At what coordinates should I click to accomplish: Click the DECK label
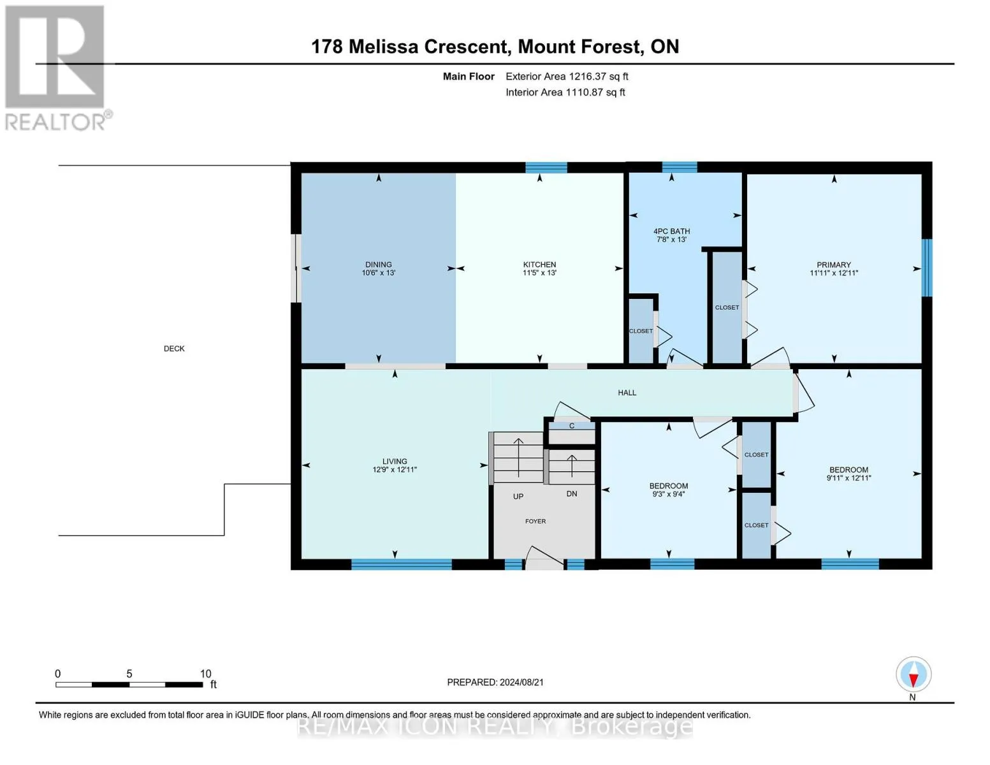pos(174,349)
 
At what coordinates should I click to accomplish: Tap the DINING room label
pos(378,265)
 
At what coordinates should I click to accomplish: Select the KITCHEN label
pos(539,265)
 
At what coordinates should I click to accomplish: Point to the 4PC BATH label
pos(671,231)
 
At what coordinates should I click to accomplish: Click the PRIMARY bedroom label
pos(834,265)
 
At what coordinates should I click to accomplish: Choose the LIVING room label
pos(395,462)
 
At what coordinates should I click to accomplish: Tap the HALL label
pos(627,393)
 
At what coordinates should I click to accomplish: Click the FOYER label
pos(535,521)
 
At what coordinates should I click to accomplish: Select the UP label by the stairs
pos(518,497)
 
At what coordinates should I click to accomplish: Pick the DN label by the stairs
pos(572,494)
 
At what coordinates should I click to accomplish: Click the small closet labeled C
pos(572,426)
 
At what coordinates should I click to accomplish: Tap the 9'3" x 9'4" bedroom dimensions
pos(668,494)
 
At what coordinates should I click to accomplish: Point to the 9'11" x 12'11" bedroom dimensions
pos(848,478)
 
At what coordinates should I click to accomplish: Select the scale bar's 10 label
pos(205,674)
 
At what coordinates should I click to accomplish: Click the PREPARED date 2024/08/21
pos(521,683)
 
